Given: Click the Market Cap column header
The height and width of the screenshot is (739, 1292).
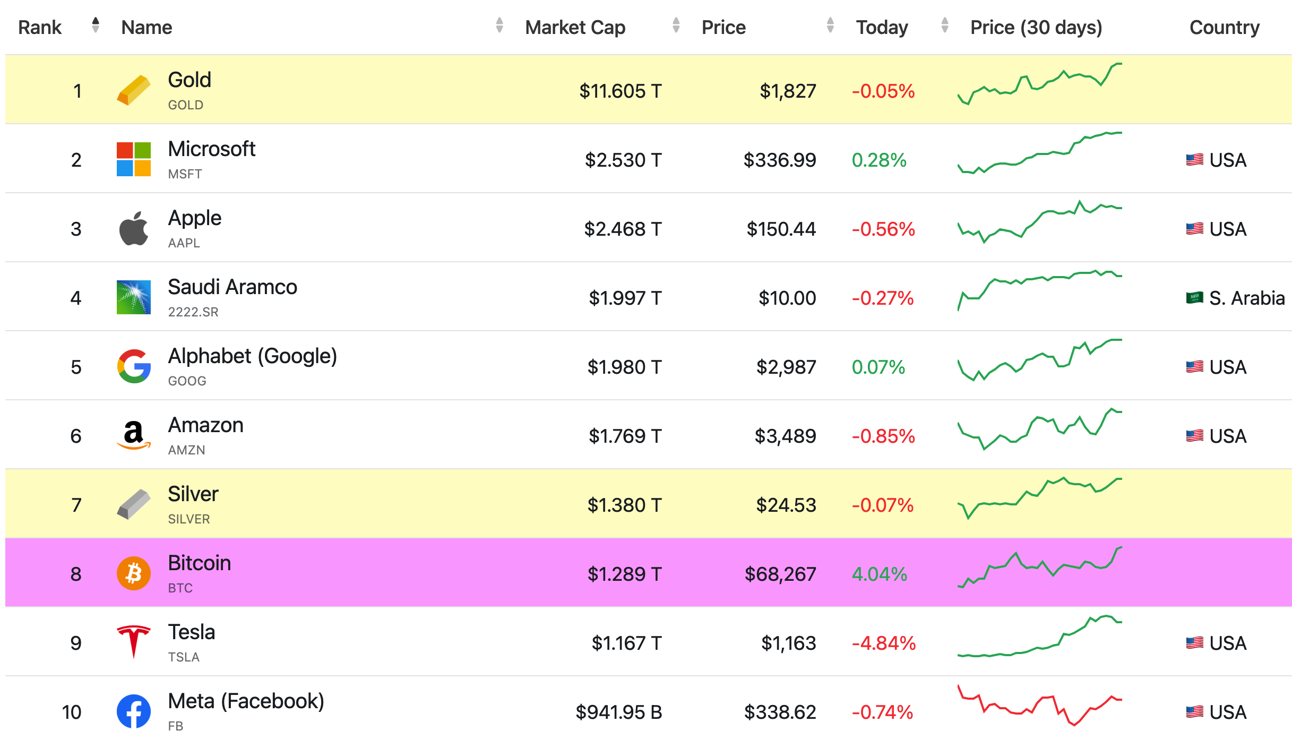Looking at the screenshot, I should [575, 27].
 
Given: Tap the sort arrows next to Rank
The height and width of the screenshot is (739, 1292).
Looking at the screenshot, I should [96, 25].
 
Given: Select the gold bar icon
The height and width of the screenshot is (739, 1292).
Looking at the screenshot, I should [133, 90].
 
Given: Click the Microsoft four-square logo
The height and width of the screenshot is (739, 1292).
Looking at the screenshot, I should [133, 159].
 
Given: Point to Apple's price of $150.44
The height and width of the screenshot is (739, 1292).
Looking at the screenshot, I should [781, 229].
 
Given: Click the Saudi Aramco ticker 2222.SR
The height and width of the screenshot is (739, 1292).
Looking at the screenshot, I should [193, 312].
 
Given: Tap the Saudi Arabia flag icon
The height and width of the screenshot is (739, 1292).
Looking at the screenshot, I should [1194, 297].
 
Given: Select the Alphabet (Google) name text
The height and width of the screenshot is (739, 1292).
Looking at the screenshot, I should [252, 356].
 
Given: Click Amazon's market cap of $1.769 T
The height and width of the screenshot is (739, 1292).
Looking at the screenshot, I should [625, 436].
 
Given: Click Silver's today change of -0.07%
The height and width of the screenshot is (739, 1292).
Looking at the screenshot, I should [882, 505].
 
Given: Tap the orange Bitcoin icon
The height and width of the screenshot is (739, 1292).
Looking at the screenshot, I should [133, 573].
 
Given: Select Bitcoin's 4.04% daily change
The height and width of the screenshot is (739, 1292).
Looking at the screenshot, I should [879, 574].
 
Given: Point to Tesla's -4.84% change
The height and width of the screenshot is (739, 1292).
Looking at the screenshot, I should [883, 643].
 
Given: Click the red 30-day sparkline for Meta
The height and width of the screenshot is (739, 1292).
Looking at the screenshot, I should [1039, 706].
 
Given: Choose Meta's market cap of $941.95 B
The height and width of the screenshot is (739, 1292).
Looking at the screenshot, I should [618, 712].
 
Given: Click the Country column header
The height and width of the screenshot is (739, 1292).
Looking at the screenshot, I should [1224, 27].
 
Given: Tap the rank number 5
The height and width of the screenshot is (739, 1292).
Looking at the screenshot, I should [76, 367].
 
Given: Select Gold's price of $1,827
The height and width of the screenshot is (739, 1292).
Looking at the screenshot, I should [788, 91].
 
